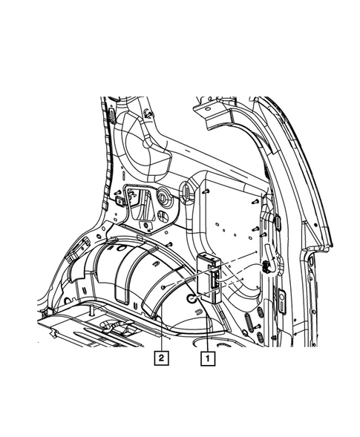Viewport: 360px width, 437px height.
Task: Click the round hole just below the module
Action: (191, 298)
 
